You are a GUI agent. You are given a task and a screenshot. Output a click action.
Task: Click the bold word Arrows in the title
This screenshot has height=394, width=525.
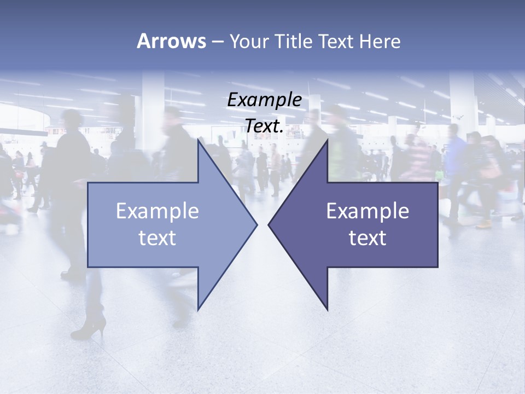(171, 41)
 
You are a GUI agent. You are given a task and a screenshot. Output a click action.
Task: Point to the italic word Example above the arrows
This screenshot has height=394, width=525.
(265, 100)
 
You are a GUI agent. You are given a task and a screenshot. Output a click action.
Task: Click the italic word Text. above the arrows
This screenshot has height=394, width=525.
(265, 126)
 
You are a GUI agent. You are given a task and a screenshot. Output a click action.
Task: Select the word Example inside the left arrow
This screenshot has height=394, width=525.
(157, 211)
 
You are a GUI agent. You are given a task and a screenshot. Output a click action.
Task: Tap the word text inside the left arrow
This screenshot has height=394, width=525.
(157, 238)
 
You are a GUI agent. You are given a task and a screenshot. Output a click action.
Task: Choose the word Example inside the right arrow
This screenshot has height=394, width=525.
(367, 211)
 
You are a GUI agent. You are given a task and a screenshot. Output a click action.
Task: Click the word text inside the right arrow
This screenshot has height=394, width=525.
(367, 238)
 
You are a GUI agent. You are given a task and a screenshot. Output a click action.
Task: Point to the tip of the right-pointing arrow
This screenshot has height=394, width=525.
(257, 224)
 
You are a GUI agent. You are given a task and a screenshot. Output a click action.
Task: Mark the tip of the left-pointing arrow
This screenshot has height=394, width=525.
(269, 224)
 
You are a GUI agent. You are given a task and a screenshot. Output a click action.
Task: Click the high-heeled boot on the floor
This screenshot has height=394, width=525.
(90, 326)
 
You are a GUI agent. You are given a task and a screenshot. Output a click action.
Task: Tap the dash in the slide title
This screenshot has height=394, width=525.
(217, 41)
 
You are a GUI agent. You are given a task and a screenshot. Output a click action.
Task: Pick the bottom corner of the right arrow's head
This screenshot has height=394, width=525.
(328, 310)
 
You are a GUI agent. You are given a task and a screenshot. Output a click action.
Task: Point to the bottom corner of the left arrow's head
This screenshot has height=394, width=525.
(198, 310)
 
